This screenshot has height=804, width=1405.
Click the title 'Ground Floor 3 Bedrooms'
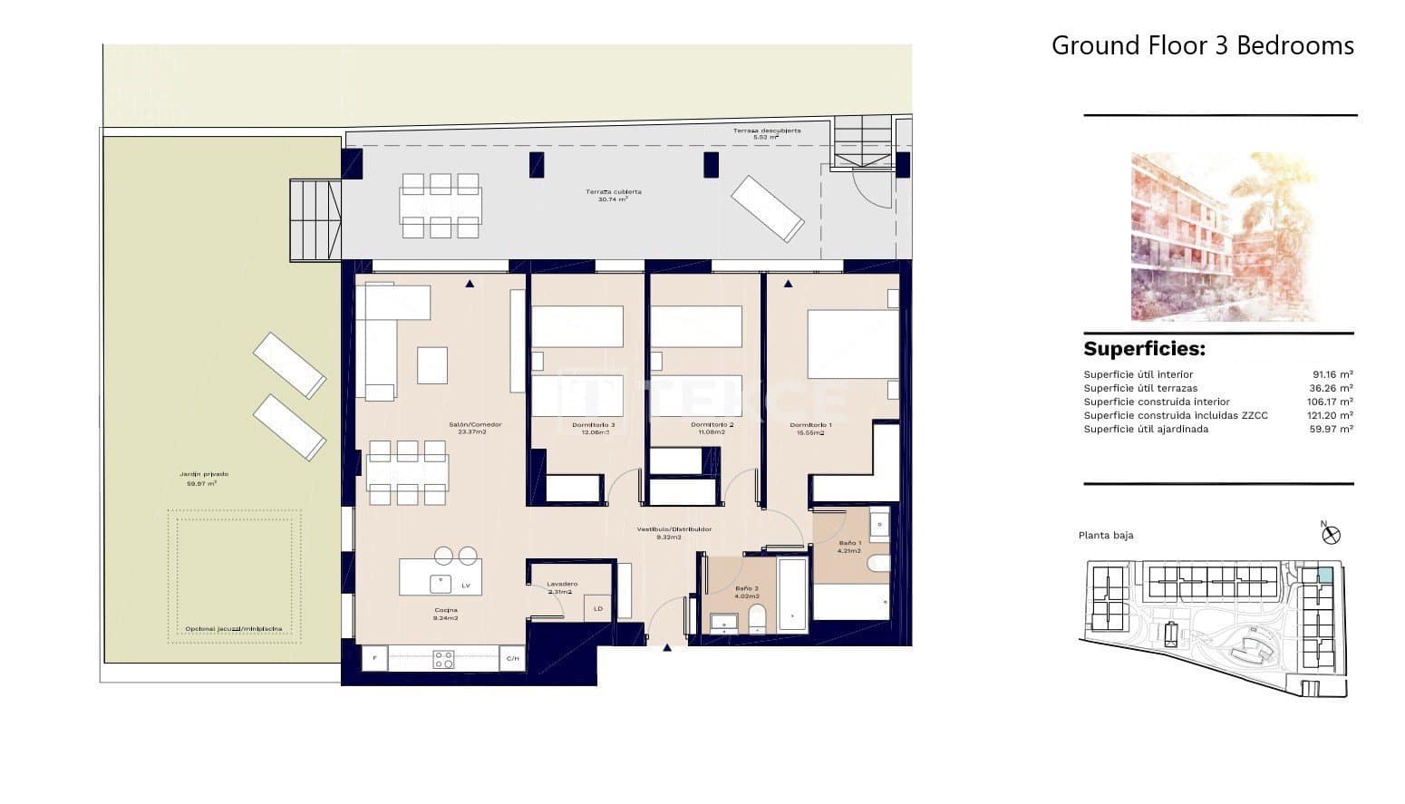(1202, 45)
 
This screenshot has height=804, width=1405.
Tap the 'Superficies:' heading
(1144, 349)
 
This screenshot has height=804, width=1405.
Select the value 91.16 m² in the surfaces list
(1332, 374)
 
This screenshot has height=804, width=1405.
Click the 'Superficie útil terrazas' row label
(1140, 388)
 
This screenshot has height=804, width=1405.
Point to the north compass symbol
(1331, 534)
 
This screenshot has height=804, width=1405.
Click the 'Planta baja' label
(1106, 536)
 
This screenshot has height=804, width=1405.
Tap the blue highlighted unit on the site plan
(1324, 575)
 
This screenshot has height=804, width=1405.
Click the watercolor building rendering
(1224, 237)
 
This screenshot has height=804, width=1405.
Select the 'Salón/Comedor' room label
(474, 425)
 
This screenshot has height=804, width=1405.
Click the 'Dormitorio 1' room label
(810, 425)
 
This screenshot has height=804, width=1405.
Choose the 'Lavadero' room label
(562, 585)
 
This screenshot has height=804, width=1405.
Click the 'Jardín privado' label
(203, 474)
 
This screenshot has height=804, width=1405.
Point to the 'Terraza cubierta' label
(613, 192)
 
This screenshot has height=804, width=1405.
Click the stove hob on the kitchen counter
(443, 659)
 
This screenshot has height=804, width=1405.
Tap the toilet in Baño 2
(759, 622)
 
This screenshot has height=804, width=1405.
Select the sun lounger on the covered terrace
(767, 208)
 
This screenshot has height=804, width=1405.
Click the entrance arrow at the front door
(668, 648)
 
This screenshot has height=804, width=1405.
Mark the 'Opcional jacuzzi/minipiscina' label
(233, 629)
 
